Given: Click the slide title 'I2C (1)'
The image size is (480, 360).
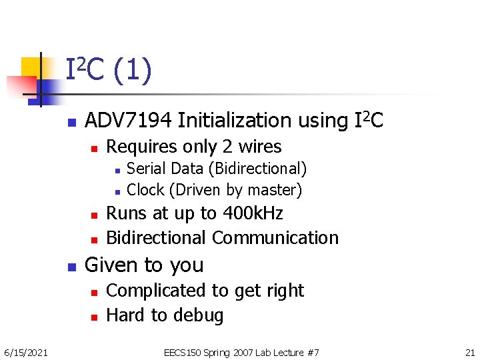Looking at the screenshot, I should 109,71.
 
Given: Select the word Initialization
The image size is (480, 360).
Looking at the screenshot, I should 237,121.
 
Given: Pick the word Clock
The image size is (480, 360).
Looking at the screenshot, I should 145,190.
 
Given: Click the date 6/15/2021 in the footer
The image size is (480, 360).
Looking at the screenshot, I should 25,352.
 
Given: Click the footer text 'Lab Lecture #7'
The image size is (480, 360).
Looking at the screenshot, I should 284,352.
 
